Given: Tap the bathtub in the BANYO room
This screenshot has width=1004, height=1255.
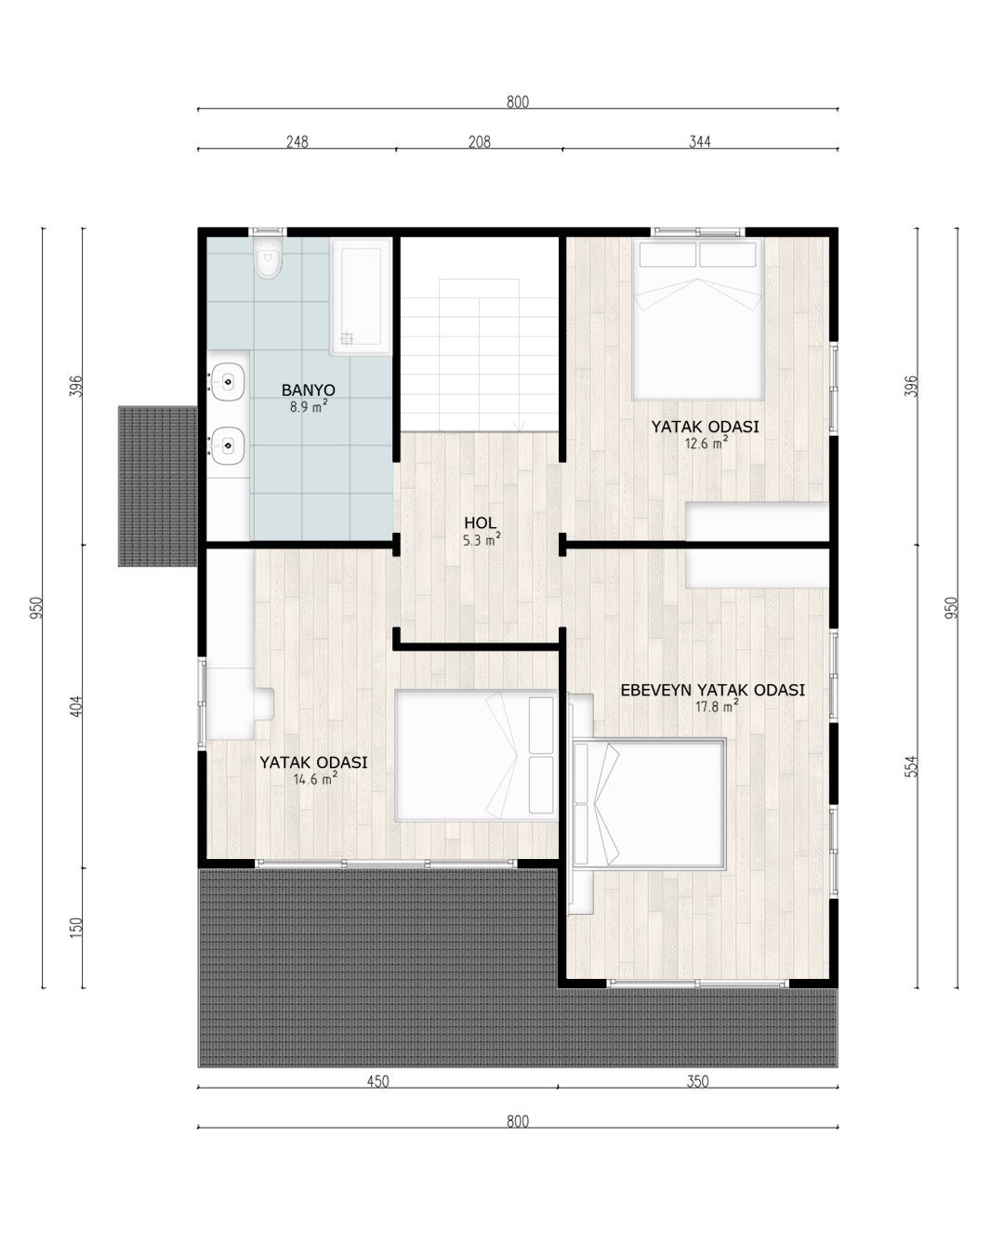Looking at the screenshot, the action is (361, 297).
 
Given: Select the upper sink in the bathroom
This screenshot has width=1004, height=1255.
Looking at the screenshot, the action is (227, 382).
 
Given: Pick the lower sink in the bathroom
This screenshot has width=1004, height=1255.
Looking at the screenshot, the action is (227, 445).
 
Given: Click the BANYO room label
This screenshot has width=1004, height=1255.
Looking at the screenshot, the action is (308, 390).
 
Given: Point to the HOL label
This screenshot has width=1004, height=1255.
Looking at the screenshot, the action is (480, 522).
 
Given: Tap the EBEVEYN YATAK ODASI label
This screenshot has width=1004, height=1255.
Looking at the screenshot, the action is (712, 690).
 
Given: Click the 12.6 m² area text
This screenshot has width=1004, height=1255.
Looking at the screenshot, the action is (706, 443).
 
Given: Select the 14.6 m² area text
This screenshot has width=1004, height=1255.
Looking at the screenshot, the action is (315, 778).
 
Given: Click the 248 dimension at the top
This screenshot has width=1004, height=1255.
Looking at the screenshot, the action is (297, 141).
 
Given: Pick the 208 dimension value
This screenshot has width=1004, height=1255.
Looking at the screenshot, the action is (480, 141).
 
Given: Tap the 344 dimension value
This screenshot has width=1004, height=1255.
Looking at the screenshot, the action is (699, 141).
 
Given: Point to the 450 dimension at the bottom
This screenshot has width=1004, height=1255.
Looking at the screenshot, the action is (377, 1081).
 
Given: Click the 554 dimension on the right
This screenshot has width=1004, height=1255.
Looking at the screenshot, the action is (911, 766).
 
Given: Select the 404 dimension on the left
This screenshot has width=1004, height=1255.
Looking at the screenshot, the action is (76, 707).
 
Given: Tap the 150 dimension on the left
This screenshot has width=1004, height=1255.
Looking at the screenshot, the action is (76, 928).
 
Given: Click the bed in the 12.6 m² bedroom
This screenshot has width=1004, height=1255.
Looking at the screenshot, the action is (698, 319).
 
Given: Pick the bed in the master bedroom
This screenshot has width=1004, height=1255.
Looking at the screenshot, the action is (649, 804).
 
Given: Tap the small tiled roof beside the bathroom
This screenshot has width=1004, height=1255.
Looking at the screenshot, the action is (157, 486).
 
